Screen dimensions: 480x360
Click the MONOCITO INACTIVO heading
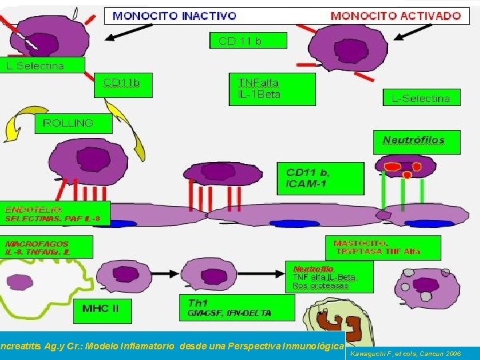(175, 15)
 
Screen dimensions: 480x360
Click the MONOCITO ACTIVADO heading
(395, 15)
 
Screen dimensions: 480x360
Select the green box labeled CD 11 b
(248, 41)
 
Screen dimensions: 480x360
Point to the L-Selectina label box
(420, 98)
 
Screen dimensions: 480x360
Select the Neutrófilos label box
(413, 141)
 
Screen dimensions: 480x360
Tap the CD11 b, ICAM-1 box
(320, 177)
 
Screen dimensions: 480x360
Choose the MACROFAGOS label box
(47, 247)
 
